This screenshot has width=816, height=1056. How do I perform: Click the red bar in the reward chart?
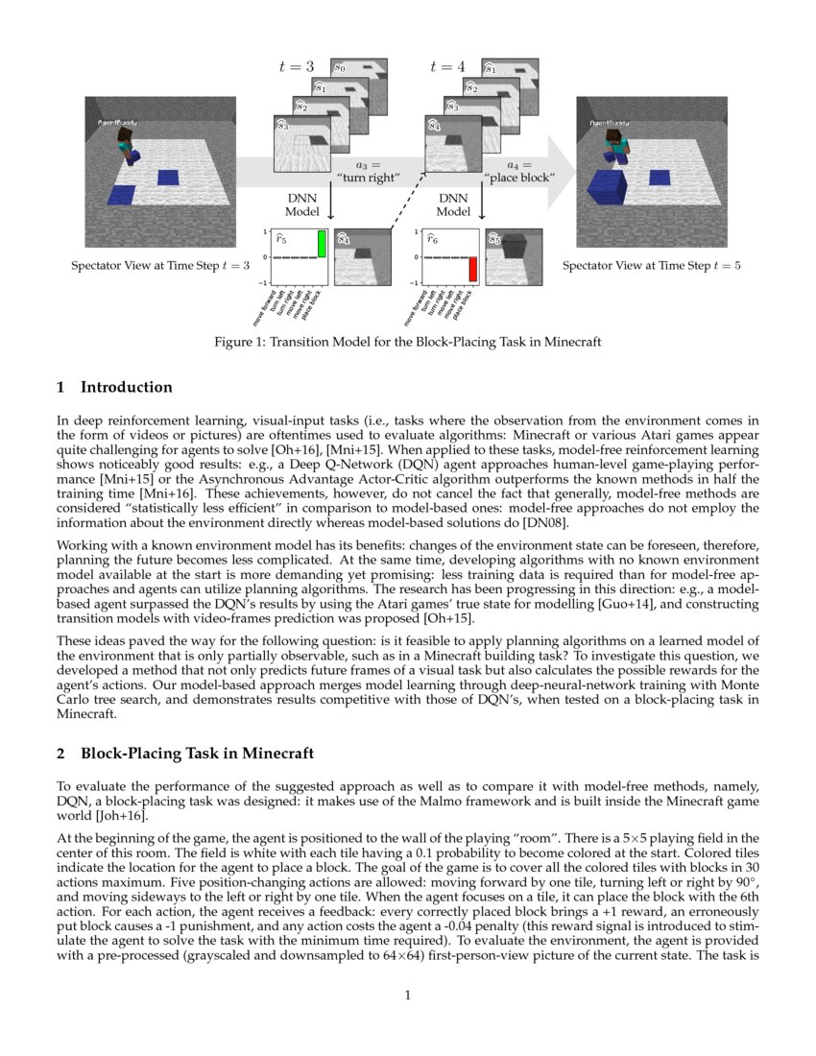coord(472,269)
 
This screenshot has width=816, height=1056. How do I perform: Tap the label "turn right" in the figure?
coord(369,177)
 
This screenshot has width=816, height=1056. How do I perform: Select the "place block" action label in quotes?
coord(516,177)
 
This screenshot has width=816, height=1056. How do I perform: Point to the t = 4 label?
coord(447,66)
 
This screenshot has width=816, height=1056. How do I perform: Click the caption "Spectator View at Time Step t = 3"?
coord(160,265)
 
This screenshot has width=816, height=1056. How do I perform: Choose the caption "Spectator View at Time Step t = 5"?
coord(651,265)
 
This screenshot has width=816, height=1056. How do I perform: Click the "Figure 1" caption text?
coord(407,342)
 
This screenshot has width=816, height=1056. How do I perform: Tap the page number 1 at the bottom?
coord(408,995)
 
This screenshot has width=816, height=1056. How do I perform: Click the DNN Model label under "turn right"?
coord(302,204)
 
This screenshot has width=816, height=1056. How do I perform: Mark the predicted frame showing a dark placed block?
coord(514,255)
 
